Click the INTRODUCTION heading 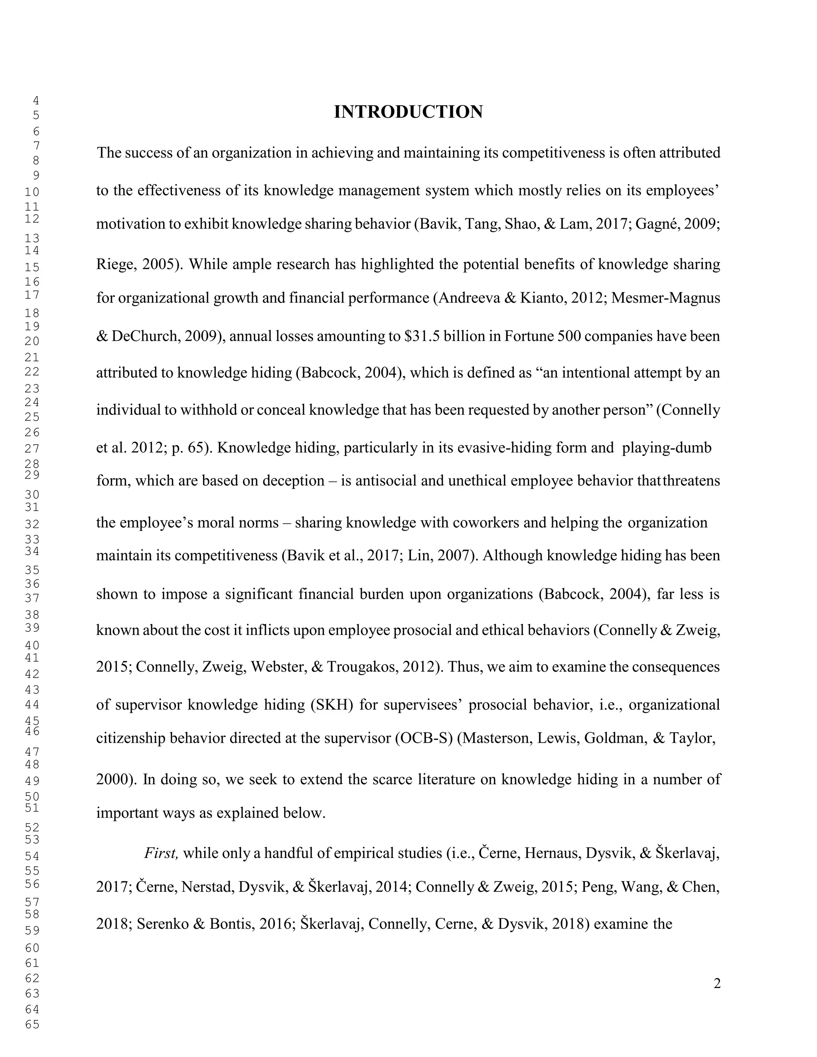(x=408, y=112)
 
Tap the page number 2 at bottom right (x=717, y=984)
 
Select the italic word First (x=162, y=853)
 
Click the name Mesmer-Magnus (x=665, y=298)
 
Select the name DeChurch (x=146, y=336)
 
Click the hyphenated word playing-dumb (x=667, y=448)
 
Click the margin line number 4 (x=36, y=101)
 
